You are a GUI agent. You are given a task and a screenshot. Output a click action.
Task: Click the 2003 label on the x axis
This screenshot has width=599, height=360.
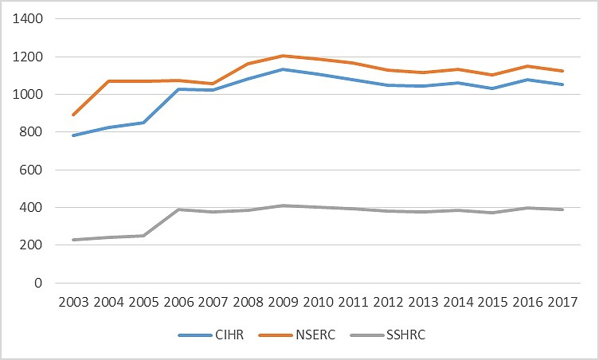(73, 303)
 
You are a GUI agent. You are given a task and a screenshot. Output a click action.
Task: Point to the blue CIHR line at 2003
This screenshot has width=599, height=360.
(73, 135)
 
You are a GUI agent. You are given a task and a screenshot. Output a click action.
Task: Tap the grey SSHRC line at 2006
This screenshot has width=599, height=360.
(178, 209)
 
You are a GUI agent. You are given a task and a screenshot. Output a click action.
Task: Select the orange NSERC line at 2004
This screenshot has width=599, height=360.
(108, 81)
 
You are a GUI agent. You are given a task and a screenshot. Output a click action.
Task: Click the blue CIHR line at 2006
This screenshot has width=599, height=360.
(178, 89)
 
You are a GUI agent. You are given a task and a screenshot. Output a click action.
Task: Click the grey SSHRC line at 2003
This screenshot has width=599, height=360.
(73, 240)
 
